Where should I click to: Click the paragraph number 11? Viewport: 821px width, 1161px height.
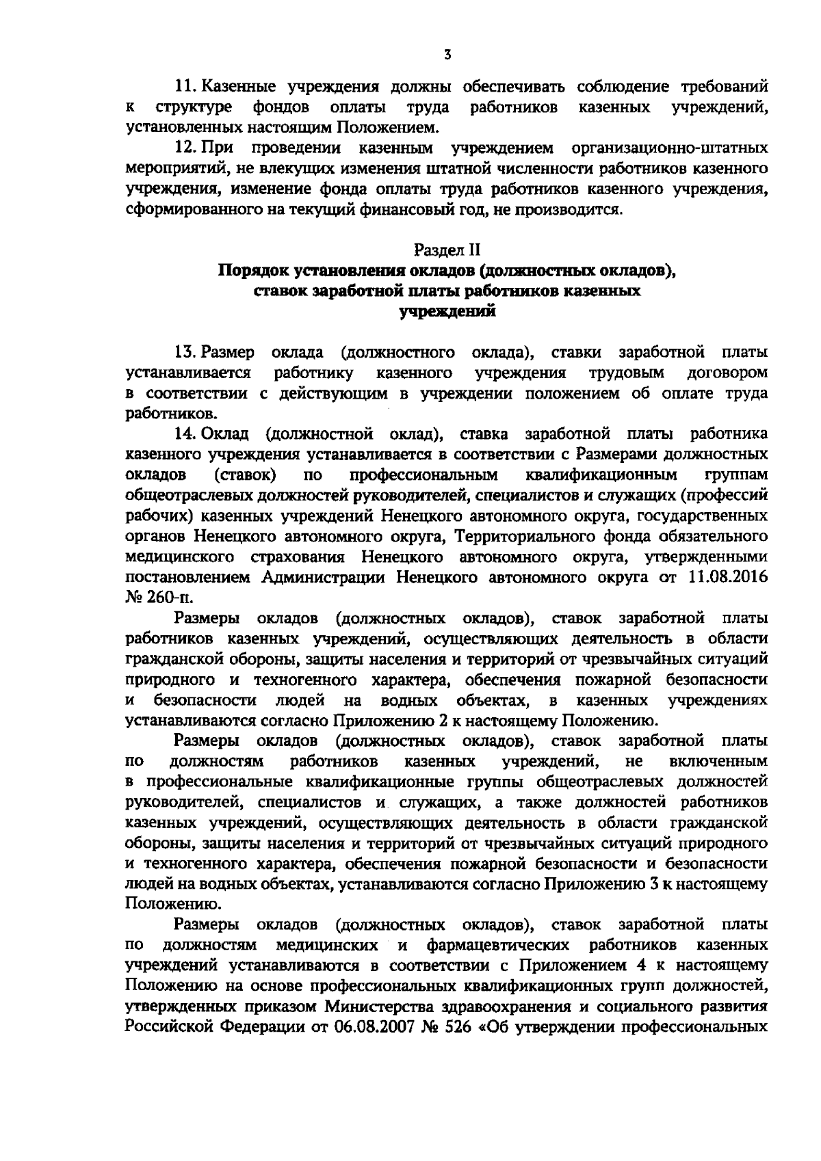[x=186, y=87]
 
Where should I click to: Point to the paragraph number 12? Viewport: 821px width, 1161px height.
[x=186, y=148]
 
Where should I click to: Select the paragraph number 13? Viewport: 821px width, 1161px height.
[x=186, y=353]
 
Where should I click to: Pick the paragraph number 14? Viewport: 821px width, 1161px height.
[x=186, y=434]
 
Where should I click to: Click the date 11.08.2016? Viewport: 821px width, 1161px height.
[x=727, y=576]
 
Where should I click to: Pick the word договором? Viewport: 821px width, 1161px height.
[x=727, y=373]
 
